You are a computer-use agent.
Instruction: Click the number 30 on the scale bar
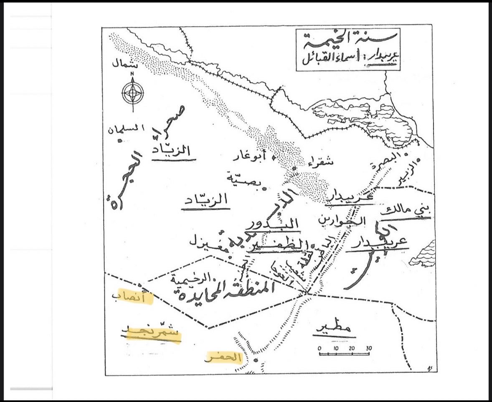click(x=369, y=349)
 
